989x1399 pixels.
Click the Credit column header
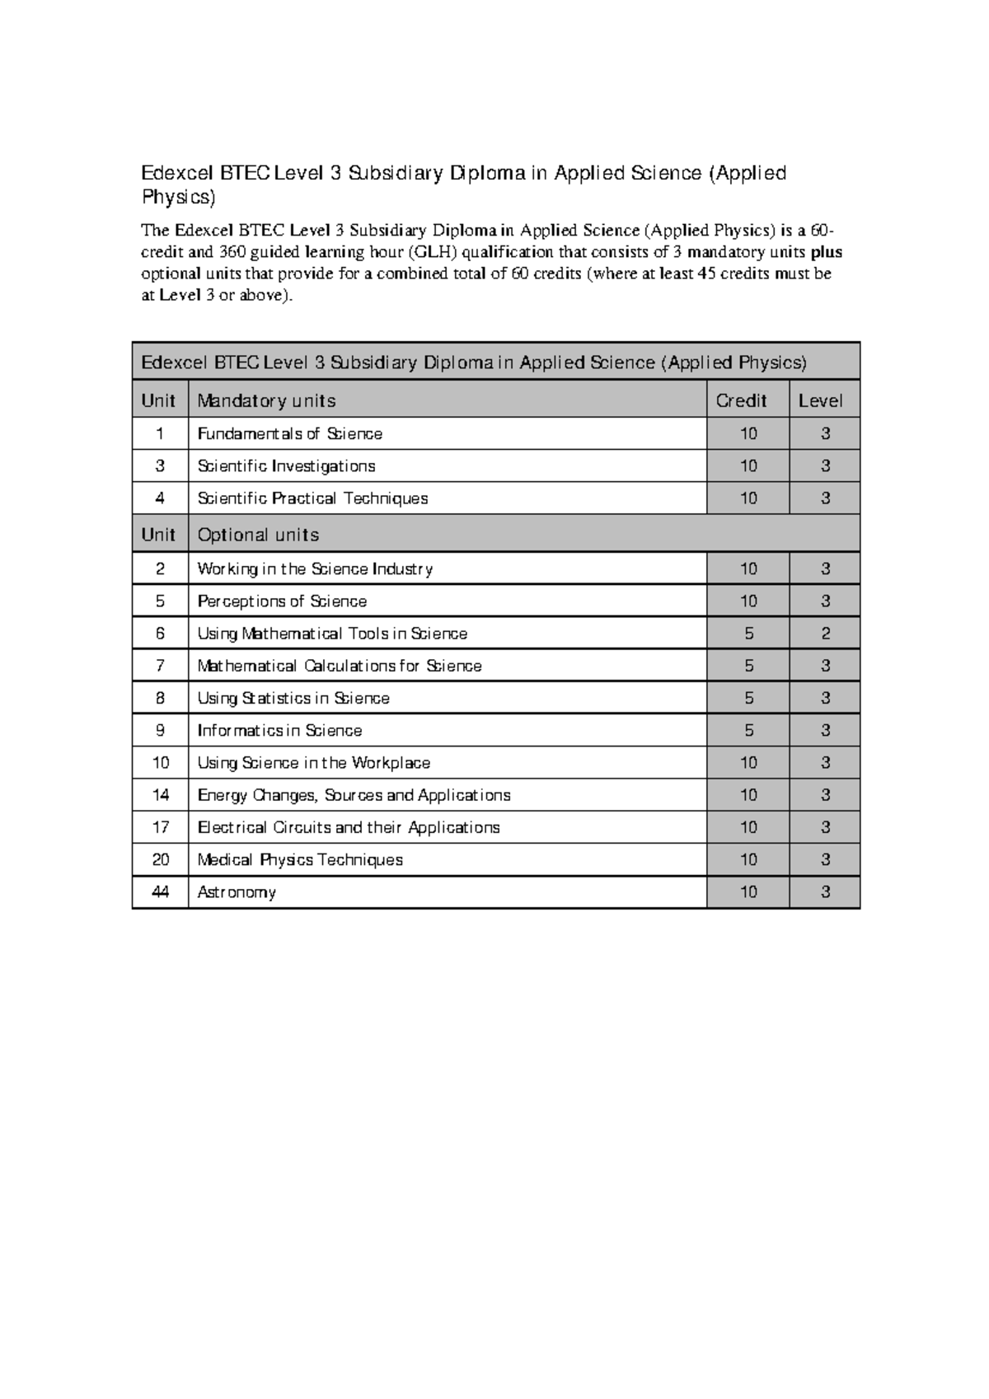coord(741,400)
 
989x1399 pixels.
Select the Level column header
coord(820,400)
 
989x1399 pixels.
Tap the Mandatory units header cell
coord(266,400)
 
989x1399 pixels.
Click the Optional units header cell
coord(258,535)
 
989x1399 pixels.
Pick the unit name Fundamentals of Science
coord(289,433)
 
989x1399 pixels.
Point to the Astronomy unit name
coord(237,892)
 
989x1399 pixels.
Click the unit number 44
coord(161,892)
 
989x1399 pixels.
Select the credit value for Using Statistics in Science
coord(748,698)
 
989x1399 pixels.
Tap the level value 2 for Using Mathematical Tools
coord(825,634)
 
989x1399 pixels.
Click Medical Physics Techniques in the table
coord(300,860)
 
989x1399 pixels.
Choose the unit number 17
coord(161,827)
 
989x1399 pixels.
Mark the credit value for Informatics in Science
coord(748,731)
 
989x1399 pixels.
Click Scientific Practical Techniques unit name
coord(312,498)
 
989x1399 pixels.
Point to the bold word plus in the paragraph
coord(826,252)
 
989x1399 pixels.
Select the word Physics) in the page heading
coord(178,198)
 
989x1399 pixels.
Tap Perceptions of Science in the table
coord(282,601)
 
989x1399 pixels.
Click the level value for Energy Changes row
coord(825,795)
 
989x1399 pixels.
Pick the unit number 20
coord(161,860)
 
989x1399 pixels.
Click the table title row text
coord(474,363)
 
